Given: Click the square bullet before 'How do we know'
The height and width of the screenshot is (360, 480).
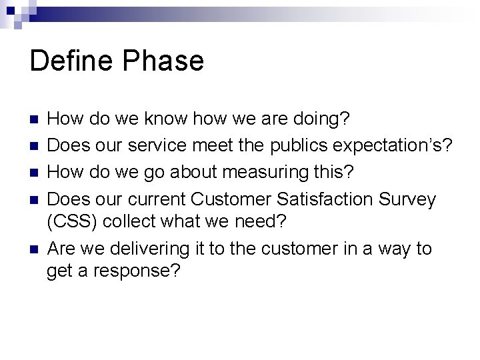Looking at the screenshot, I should (35, 120).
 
